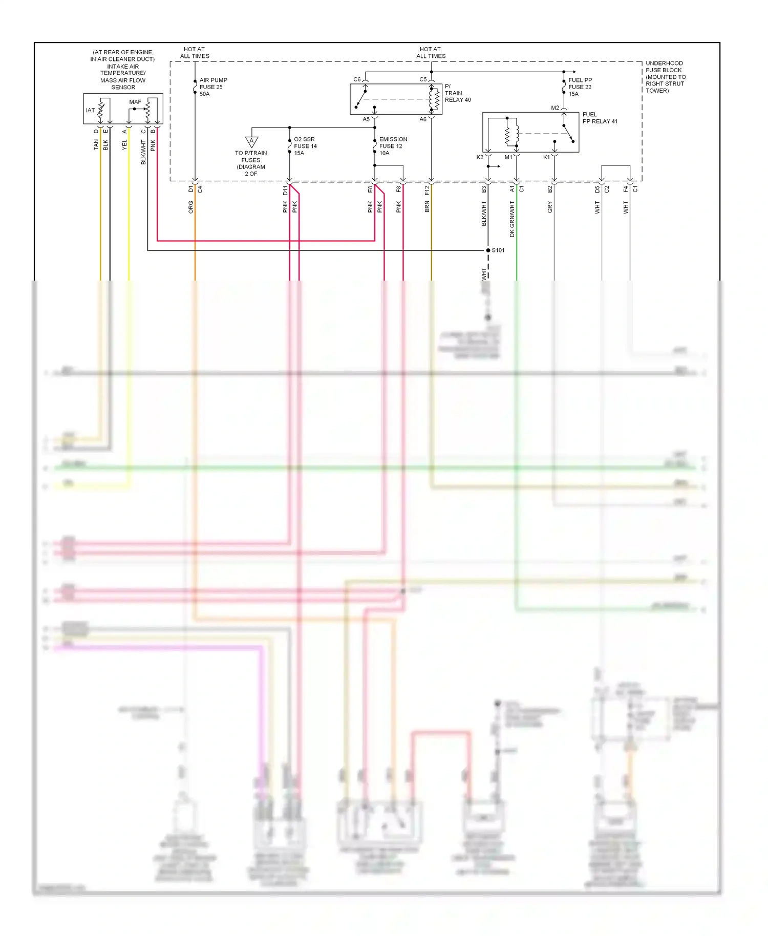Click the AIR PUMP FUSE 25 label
[213, 87]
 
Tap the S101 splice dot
[488, 250]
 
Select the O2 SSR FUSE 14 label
[305, 146]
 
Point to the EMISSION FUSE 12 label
[393, 146]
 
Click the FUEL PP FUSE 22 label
[580, 87]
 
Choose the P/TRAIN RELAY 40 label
[457, 93]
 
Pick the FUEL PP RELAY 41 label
[600, 118]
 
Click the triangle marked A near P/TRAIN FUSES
[251, 141]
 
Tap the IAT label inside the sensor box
[90, 110]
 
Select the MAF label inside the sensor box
[135, 102]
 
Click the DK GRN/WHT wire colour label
[512, 219]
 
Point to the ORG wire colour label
[190, 207]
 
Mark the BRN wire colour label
[427, 207]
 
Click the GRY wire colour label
[550, 207]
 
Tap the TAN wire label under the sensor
[96, 145]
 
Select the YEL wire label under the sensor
[124, 145]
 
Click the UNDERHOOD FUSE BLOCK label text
[665, 77]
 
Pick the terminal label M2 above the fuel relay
[555, 108]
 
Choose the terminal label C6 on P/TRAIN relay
[357, 79]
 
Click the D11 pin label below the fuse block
[285, 190]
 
